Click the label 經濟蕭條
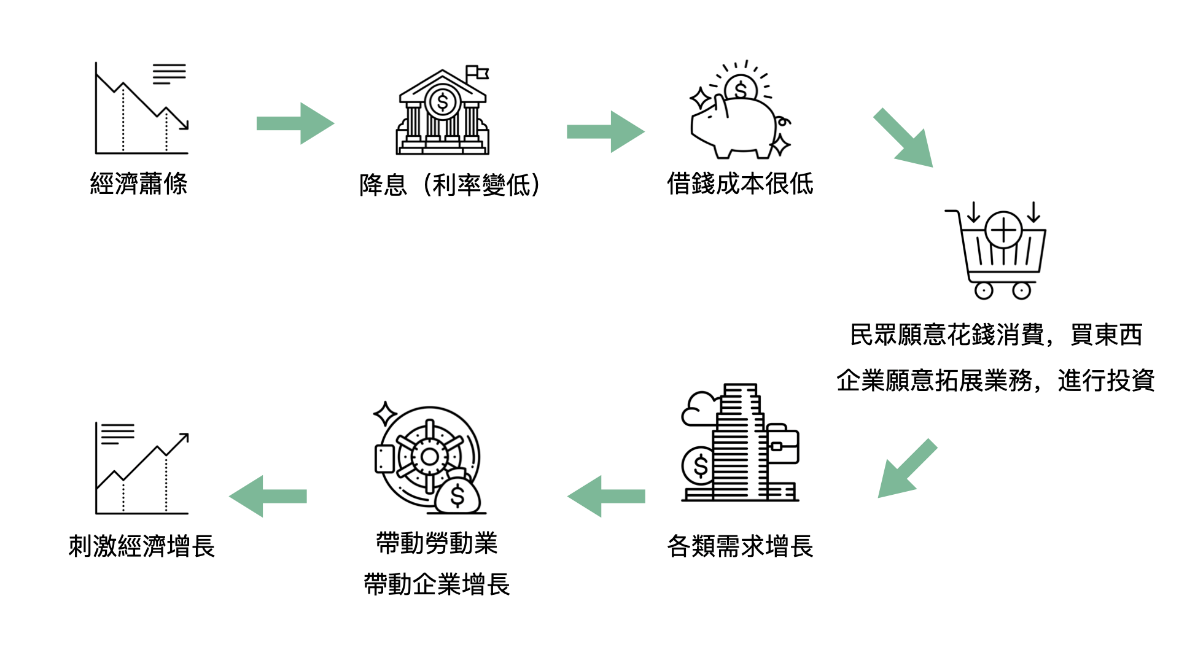(x=139, y=184)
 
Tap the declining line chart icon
(x=142, y=108)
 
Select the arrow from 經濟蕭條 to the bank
(x=295, y=123)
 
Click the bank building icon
(x=442, y=114)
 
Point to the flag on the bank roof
(x=477, y=73)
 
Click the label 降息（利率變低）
(x=449, y=185)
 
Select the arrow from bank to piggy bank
(x=605, y=131)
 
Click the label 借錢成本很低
(x=740, y=184)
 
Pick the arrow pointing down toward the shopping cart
(x=903, y=138)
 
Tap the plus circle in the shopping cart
(x=1003, y=231)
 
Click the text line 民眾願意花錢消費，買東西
(x=995, y=335)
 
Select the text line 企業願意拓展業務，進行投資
(x=995, y=381)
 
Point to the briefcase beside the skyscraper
(x=782, y=444)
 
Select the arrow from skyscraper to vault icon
(x=607, y=496)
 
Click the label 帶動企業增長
(x=437, y=584)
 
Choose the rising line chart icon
(x=142, y=469)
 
